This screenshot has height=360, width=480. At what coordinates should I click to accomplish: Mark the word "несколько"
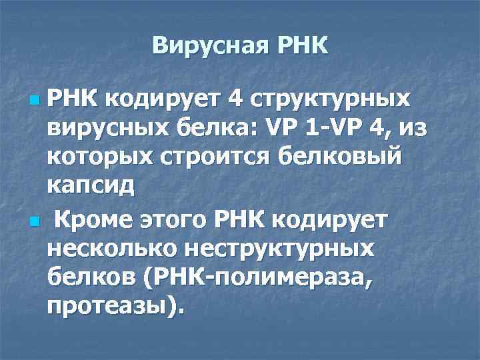coord(113,248)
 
